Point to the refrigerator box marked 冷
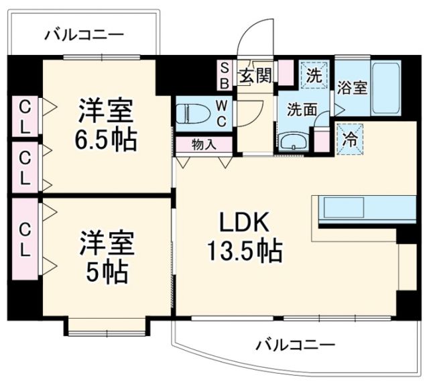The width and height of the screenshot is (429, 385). pyautogui.click(x=349, y=140)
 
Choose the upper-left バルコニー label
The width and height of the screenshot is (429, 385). pyautogui.click(x=84, y=36)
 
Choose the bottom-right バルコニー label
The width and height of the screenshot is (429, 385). pyautogui.click(x=296, y=347)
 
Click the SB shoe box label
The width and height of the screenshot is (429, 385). pyautogui.click(x=225, y=75)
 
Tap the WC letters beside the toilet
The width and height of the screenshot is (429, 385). pyautogui.click(x=222, y=112)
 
